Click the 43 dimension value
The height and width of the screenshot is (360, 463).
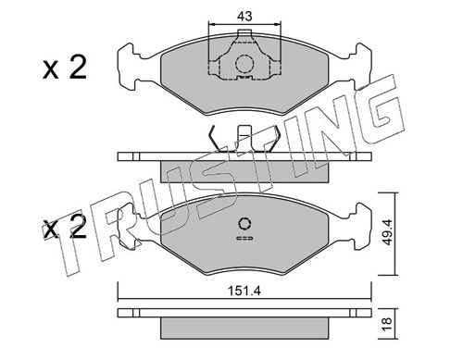point(244,16)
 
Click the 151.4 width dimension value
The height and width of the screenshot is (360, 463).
point(244,291)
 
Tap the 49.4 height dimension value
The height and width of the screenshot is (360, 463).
point(386,232)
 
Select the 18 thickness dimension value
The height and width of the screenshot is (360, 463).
point(386,324)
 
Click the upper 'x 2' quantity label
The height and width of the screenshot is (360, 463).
point(65,68)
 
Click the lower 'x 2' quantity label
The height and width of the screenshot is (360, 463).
point(65,229)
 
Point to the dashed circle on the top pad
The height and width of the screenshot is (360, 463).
point(244,64)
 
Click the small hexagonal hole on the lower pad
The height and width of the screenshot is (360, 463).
point(244,224)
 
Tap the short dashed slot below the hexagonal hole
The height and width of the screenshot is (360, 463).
point(244,238)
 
